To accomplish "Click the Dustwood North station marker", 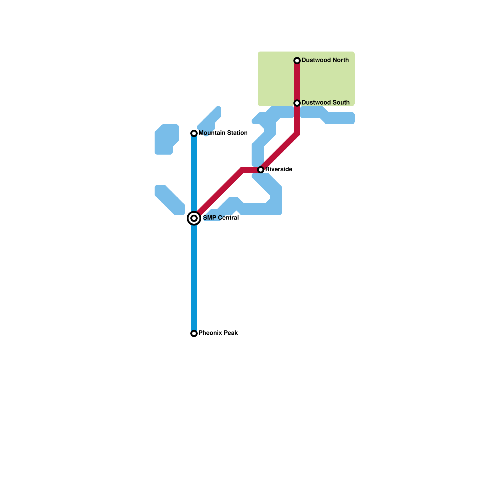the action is (297, 61).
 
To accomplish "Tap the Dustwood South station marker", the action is (297, 103).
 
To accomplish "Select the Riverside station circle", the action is (261, 170).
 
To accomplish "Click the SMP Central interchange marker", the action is (194, 218).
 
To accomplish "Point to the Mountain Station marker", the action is (194, 133).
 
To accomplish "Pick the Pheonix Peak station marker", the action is (194, 333).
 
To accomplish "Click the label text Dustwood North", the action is (325, 60).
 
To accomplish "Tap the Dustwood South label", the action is (325, 103).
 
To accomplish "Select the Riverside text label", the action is (279, 169).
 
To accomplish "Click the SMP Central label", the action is (221, 218).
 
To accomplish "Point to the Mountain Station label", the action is (223, 133).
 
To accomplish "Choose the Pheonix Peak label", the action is (218, 333).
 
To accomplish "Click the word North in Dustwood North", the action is (340, 60).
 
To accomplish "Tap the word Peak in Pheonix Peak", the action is (231, 333).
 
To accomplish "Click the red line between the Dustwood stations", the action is (297, 82).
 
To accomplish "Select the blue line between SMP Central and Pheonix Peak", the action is (194, 276).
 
